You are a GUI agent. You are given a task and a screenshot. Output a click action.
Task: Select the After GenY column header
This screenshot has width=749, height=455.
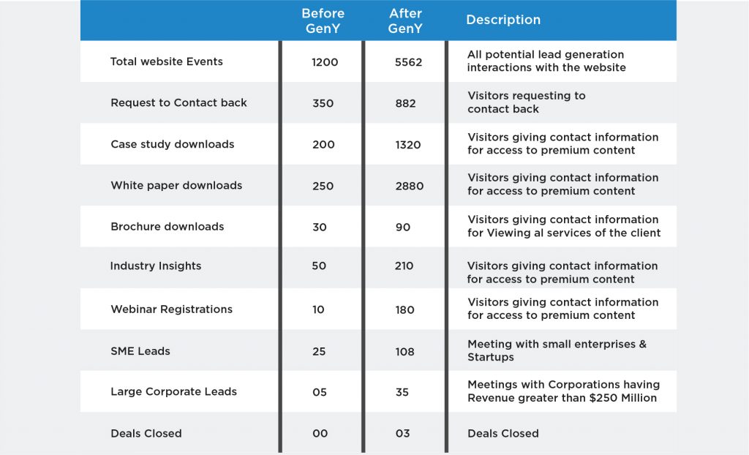(x=405, y=20)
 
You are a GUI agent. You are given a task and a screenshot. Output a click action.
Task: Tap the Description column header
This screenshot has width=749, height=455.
(x=503, y=20)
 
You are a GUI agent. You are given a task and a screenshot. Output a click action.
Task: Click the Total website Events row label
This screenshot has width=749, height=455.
(x=166, y=61)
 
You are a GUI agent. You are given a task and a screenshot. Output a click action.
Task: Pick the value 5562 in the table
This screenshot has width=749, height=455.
(x=408, y=62)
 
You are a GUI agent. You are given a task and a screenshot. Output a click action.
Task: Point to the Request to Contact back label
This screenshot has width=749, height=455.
(x=178, y=102)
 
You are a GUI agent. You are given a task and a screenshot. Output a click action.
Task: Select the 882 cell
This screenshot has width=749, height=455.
(x=405, y=103)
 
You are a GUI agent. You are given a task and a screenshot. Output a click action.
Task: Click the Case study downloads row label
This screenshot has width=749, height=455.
(x=172, y=144)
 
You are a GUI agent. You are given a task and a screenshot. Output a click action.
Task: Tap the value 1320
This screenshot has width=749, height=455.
(x=407, y=145)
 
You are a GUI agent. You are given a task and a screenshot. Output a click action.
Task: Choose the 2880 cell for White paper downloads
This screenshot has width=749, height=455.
(x=409, y=186)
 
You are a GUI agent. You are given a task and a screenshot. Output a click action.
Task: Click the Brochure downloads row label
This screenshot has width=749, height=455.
(x=167, y=226)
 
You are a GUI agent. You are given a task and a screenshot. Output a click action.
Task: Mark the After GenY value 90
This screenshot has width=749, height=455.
(x=402, y=227)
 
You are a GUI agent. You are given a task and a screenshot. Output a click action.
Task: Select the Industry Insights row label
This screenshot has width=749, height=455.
(x=155, y=266)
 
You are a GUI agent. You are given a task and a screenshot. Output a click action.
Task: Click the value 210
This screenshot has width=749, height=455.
(x=404, y=266)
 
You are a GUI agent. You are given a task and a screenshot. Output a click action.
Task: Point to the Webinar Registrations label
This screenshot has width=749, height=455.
(x=171, y=309)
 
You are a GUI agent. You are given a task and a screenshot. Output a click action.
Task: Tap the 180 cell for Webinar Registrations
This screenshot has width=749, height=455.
(x=404, y=309)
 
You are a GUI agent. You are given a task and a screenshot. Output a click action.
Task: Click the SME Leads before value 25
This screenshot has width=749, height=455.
(x=319, y=351)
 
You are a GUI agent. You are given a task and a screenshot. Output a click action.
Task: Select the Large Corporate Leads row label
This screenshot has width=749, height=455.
(x=173, y=391)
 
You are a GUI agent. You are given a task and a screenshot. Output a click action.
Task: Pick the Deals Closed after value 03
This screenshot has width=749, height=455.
(x=402, y=433)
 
